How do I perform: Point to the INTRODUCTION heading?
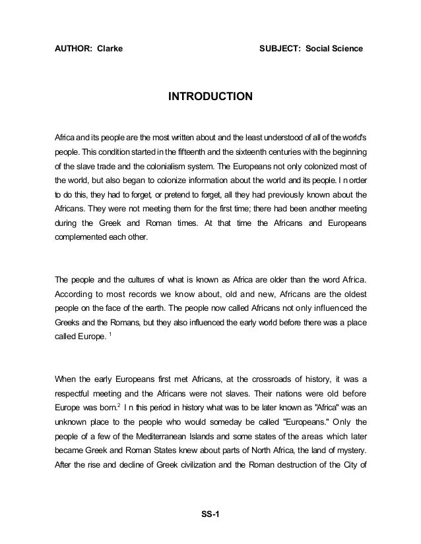coord(210,97)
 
